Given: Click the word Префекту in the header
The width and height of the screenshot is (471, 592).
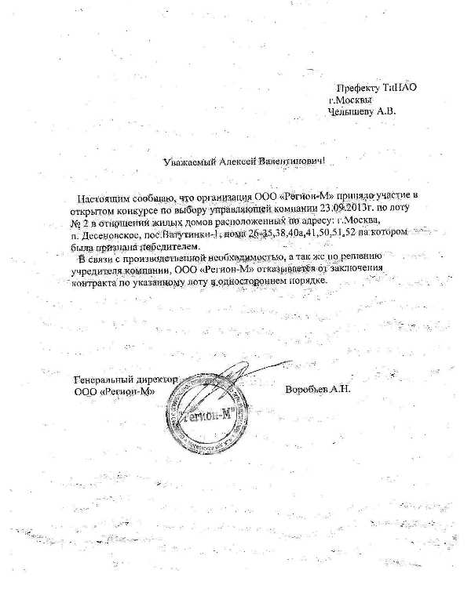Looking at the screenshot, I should click(356, 87).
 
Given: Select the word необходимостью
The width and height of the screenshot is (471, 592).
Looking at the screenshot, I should click(253, 257).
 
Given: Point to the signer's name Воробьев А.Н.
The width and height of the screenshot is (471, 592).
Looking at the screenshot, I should click(318, 390).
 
